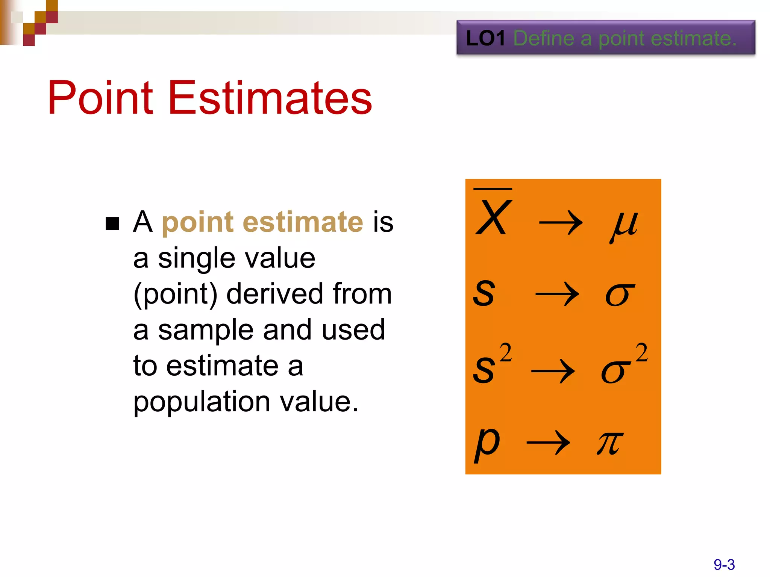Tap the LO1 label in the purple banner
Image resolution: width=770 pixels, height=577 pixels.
(485, 38)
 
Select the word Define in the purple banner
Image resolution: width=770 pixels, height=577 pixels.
(544, 38)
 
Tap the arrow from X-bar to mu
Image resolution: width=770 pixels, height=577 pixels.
(561, 223)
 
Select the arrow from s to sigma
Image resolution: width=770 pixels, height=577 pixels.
(557, 295)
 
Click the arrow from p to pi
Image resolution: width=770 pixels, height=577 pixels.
(548, 443)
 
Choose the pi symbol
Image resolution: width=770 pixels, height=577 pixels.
(609, 443)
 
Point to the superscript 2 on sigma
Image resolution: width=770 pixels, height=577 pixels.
(642, 352)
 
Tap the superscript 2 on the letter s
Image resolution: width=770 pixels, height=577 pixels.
(506, 352)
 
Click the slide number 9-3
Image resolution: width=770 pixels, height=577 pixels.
(724, 565)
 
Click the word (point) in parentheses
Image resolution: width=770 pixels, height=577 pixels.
(175, 294)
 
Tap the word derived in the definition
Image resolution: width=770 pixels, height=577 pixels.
(275, 294)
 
